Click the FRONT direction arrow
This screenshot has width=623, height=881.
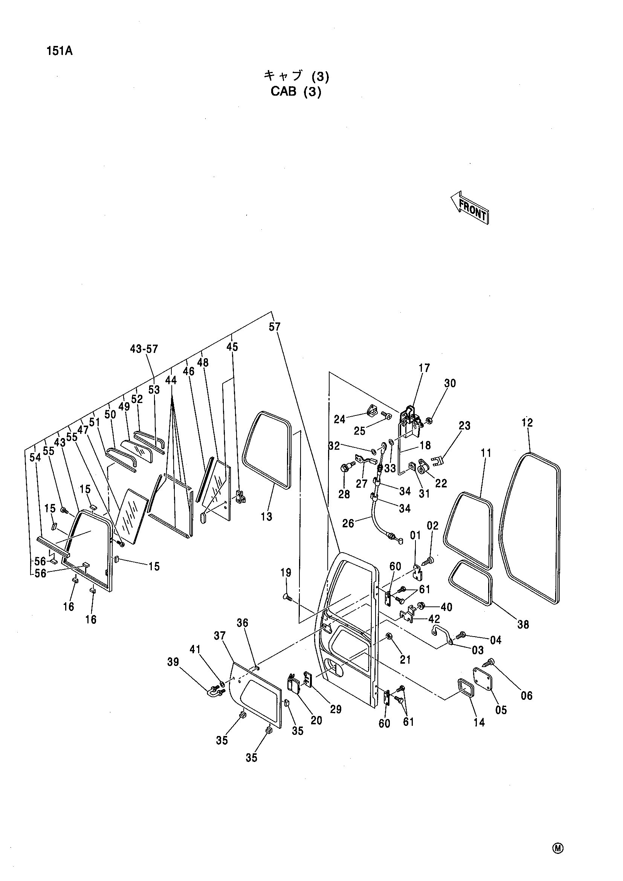470,208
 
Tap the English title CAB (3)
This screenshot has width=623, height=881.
296,93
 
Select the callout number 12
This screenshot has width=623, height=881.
527,423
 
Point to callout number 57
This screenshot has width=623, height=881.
275,327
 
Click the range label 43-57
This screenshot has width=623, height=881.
144,349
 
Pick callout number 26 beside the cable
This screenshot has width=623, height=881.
348,524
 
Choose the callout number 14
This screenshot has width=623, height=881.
479,722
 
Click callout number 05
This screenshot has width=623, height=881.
501,710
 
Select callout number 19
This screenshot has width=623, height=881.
286,573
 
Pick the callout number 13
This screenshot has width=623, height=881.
266,516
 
